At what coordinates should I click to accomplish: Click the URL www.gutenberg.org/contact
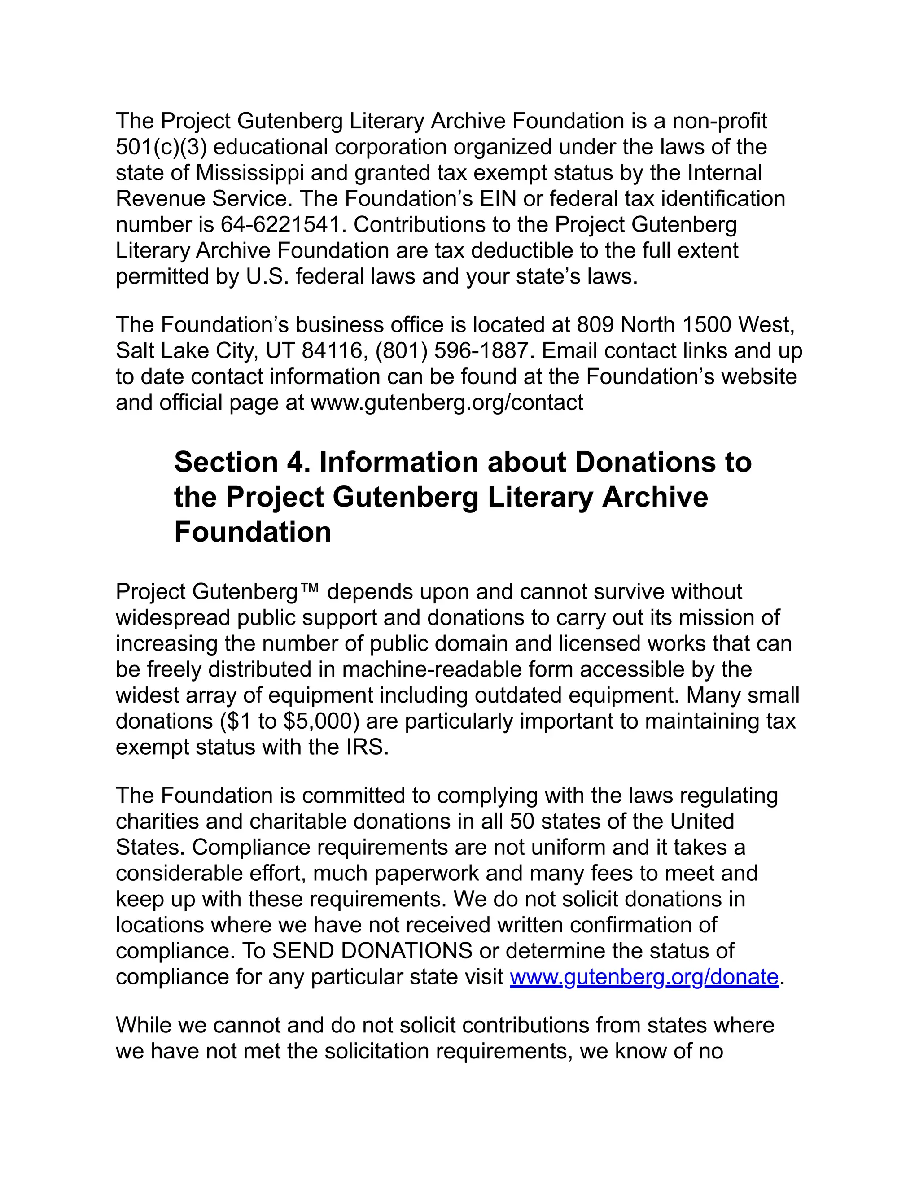(x=446, y=403)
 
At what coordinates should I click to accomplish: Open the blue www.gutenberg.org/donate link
(x=644, y=977)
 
